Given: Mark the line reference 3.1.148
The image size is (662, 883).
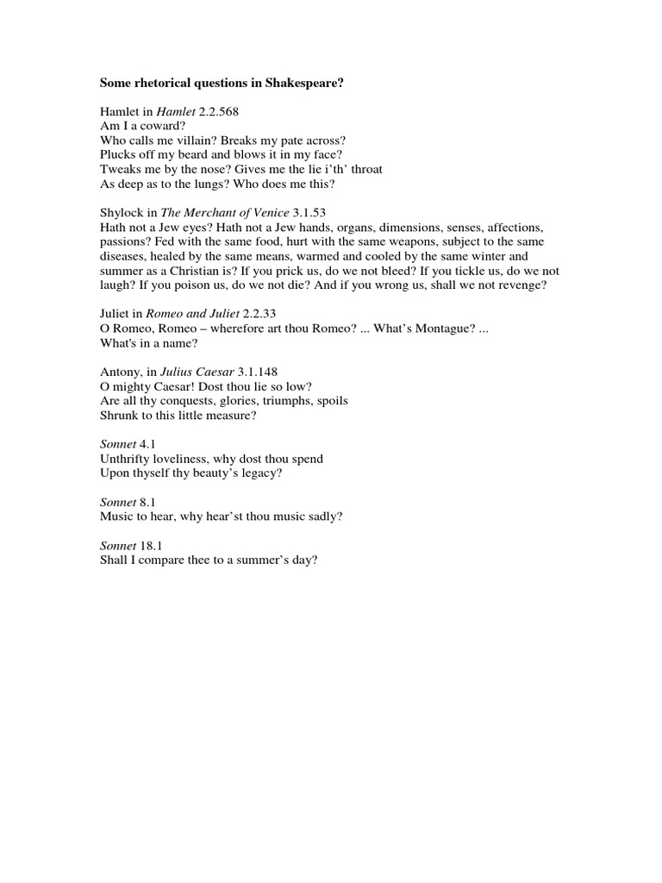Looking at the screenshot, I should coord(261,372).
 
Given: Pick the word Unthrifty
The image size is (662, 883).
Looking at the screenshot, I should coord(129,459).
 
